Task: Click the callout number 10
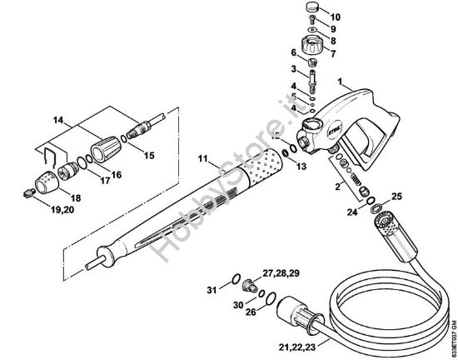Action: click(336, 17)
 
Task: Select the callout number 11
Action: click(202, 158)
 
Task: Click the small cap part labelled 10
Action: click(312, 11)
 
